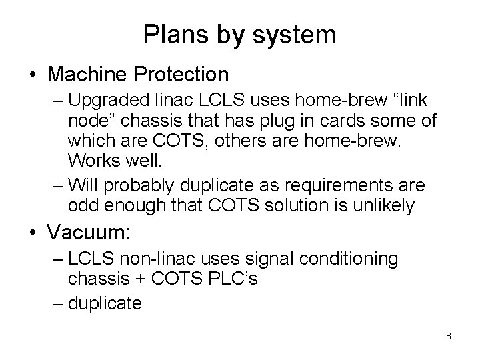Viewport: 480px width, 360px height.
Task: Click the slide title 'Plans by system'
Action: [x=239, y=33]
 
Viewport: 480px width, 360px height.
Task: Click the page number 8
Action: [x=449, y=336]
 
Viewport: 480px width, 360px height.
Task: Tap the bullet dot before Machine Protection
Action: [x=32, y=73]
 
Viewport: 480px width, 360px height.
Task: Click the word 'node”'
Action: [x=92, y=121]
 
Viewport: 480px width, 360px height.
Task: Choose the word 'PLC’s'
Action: [x=234, y=279]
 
